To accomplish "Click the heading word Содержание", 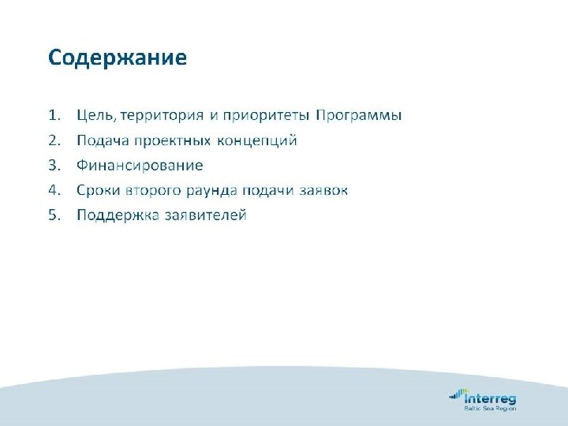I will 118,58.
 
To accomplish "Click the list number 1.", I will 54,116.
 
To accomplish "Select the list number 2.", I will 54,140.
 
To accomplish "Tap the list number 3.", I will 54,166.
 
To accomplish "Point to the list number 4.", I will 54,190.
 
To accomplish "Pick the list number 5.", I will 54,215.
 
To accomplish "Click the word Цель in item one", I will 95,116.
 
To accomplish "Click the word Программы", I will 358,116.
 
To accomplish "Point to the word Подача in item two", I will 99,141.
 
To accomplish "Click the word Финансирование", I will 140,166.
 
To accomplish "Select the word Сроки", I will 96,190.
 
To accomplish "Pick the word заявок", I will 323,190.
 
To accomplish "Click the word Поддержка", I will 113,215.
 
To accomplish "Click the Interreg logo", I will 482,399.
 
